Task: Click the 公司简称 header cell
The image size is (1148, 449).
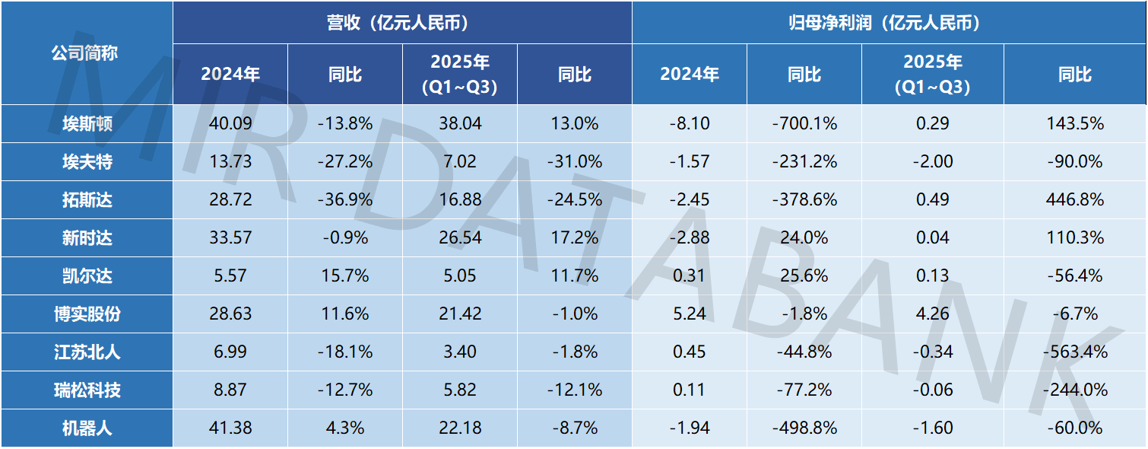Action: tap(85, 53)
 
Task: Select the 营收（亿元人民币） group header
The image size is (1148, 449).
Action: tap(402, 23)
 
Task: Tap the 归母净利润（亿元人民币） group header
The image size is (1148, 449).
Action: tap(889, 23)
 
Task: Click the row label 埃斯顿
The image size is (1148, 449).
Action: tap(87, 123)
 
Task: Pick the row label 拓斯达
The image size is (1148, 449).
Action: tap(87, 199)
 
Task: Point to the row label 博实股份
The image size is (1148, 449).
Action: tap(87, 314)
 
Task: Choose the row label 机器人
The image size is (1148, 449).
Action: tap(87, 428)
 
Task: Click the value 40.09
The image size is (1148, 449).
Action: tap(230, 123)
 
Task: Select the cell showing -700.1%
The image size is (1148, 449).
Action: tap(804, 123)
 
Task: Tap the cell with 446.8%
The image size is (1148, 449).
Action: tap(1074, 199)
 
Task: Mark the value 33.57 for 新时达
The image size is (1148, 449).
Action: tap(230, 237)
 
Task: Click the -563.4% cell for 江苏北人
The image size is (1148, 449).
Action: tap(1074, 352)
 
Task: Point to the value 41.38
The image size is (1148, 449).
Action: tap(230, 428)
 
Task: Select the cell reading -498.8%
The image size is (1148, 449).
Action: tap(804, 428)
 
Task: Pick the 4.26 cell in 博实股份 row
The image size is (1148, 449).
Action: tap(932, 314)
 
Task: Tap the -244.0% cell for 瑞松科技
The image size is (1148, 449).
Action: tap(1074, 390)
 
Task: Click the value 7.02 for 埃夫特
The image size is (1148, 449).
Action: tap(460, 161)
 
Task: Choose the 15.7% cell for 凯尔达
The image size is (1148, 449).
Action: tap(345, 275)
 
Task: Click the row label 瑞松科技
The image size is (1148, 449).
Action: tap(87, 390)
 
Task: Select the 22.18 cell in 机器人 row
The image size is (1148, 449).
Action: tap(460, 428)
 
